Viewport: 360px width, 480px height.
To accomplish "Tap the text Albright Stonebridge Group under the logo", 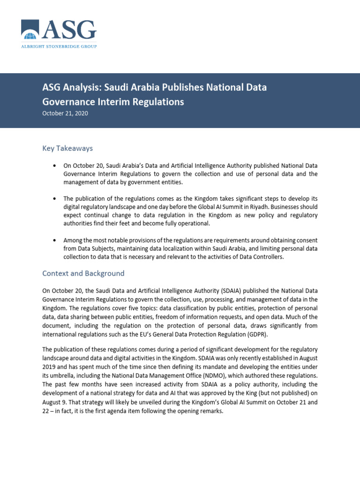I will click(x=59, y=46).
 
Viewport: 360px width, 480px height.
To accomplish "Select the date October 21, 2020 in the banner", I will click(x=65, y=113).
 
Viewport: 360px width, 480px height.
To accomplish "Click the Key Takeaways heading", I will click(x=67, y=148).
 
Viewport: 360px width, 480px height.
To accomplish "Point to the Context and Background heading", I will click(x=83, y=273).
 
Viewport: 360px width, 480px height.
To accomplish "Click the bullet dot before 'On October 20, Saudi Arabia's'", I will click(x=55, y=166).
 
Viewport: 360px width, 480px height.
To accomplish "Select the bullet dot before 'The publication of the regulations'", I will click(x=55, y=198).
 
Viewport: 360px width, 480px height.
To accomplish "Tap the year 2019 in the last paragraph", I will click(x=49, y=367).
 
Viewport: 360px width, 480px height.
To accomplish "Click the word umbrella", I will click(x=62, y=375).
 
